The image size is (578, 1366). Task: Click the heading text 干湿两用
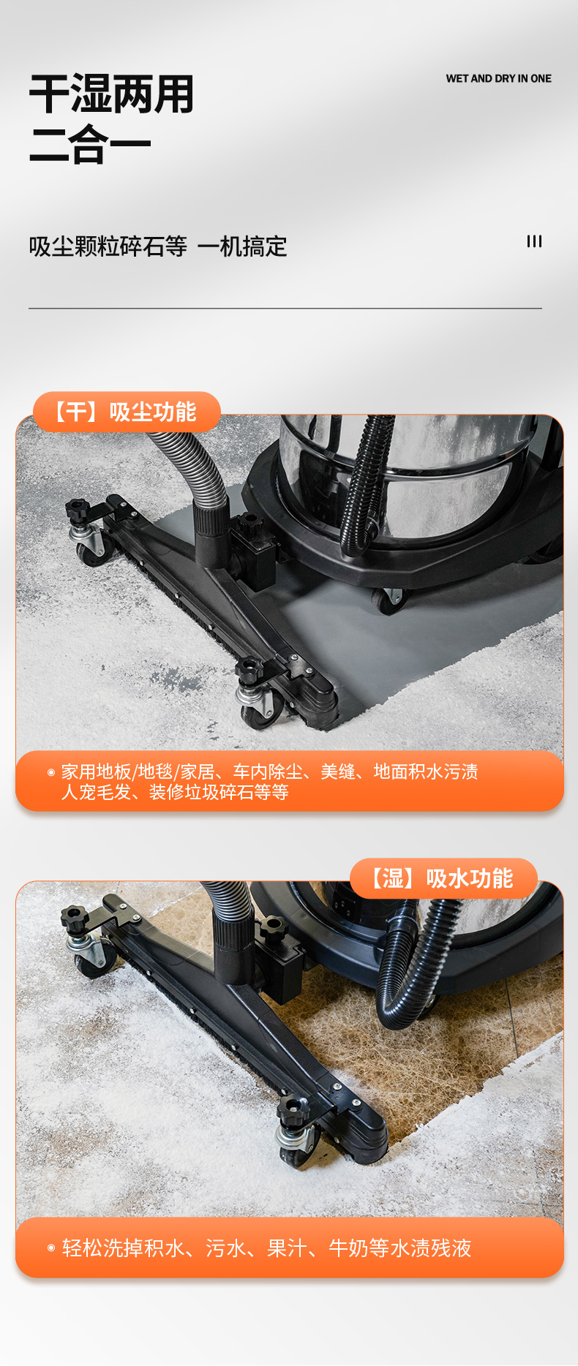111,94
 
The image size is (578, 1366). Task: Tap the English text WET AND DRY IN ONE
499,78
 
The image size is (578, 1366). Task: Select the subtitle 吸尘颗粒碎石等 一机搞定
158,246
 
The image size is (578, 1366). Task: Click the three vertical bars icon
535,241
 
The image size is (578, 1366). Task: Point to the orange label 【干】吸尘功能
127,412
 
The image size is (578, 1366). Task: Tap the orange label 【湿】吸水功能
443,878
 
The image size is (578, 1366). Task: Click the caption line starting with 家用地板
270,771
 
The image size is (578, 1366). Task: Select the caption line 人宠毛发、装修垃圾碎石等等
175,793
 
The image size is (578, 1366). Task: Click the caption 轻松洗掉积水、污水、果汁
266,1248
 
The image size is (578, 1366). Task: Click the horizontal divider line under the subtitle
285,309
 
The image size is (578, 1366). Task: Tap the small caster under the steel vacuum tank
388,600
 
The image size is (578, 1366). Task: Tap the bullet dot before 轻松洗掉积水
51,1248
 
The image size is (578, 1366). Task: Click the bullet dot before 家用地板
51,772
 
